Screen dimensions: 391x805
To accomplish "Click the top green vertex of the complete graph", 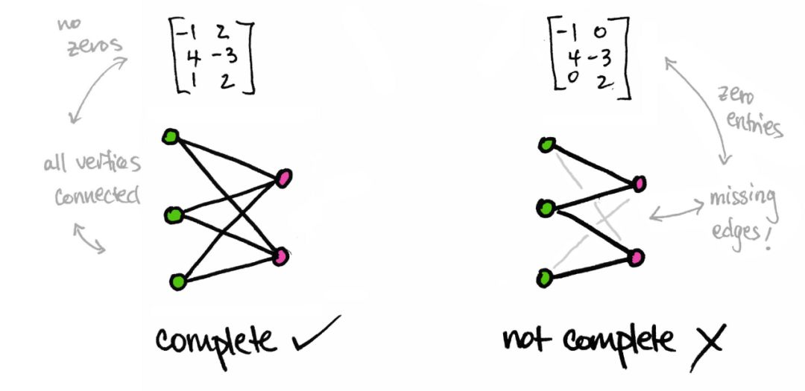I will tap(171, 136).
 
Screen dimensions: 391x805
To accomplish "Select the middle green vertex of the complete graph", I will tap(173, 216).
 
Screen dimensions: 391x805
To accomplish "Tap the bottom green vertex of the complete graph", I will tap(177, 282).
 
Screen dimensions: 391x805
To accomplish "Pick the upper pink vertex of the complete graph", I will tap(284, 177).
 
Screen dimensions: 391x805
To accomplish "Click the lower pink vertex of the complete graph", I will tap(281, 257).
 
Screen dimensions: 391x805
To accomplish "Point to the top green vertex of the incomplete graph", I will tap(547, 144).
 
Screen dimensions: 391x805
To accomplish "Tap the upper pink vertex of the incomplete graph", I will tap(640, 183).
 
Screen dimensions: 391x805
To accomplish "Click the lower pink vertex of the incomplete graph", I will tap(636, 258).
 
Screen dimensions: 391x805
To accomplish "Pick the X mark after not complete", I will tap(705, 342).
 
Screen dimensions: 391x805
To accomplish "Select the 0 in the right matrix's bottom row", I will tap(571, 82).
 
